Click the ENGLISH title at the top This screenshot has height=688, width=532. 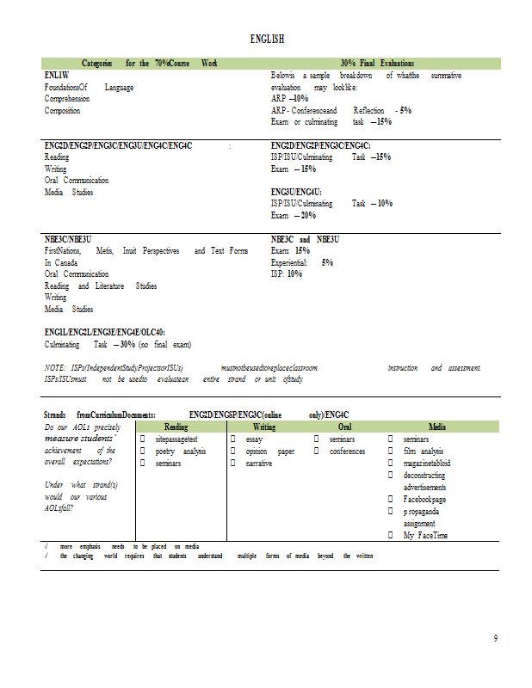(267, 40)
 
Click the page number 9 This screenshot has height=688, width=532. (496, 637)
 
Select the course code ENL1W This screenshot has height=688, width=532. (56, 76)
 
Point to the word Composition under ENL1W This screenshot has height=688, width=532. (62, 111)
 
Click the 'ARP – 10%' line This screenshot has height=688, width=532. (289, 99)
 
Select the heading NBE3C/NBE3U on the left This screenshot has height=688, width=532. (68, 239)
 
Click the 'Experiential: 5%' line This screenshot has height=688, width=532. (301, 262)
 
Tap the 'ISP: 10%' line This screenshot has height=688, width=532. (287, 273)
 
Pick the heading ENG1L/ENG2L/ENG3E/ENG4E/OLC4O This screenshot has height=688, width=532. (105, 332)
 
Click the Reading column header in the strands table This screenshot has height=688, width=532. (176, 427)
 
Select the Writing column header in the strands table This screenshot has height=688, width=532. (264, 427)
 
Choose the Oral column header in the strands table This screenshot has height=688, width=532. (344, 427)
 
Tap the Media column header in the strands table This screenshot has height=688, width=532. (437, 427)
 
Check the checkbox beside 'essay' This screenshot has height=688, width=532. (235, 439)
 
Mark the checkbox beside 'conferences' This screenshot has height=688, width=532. (317, 451)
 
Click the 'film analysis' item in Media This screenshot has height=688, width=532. (423, 451)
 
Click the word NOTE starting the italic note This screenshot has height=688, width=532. (54, 368)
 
